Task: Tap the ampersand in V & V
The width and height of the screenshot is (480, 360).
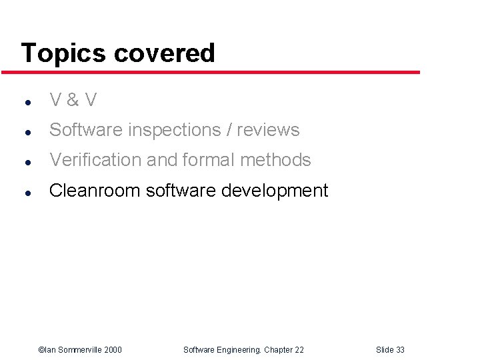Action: pos(73,101)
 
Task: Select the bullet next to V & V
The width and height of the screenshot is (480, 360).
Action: pos(25,103)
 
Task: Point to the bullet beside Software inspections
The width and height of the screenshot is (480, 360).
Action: pos(25,132)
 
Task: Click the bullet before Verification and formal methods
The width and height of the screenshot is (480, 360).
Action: pos(25,162)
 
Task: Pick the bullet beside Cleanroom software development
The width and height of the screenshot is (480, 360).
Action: pos(25,193)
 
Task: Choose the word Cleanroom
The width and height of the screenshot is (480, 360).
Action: pos(95,191)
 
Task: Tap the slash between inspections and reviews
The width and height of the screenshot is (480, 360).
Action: pos(229,131)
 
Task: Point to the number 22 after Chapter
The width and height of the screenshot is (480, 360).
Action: pos(299,350)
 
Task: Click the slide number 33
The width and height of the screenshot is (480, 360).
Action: pos(400,350)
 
